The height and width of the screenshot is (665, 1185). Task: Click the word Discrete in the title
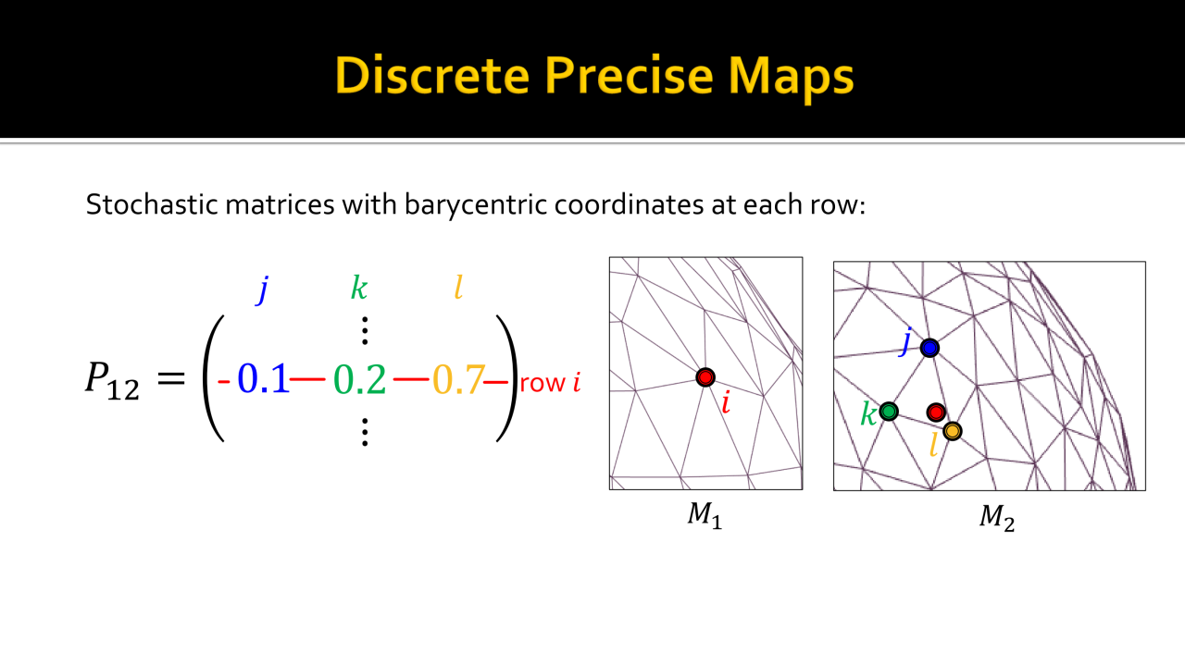[432, 75]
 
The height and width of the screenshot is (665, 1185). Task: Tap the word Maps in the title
[791, 79]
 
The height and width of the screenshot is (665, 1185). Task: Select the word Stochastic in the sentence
[152, 204]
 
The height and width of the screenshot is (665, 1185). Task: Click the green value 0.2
[360, 379]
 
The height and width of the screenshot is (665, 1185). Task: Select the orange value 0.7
[458, 379]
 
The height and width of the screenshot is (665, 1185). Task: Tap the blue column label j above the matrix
[263, 289]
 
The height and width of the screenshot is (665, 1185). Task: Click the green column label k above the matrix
[359, 288]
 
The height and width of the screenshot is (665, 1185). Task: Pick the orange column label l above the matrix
[458, 288]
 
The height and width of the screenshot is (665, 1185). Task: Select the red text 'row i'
[550, 382]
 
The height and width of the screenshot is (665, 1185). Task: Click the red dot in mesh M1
[705, 377]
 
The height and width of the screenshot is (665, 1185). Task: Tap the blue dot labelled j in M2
[929, 348]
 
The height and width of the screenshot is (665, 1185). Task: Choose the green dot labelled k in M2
[889, 411]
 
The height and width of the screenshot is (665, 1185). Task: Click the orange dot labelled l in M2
[953, 431]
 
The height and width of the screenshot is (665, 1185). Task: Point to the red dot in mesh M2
[936, 412]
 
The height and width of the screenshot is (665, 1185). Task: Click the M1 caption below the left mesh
[705, 515]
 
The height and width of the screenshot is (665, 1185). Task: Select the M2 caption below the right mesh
[997, 518]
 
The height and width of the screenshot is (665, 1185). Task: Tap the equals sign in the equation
[171, 378]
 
